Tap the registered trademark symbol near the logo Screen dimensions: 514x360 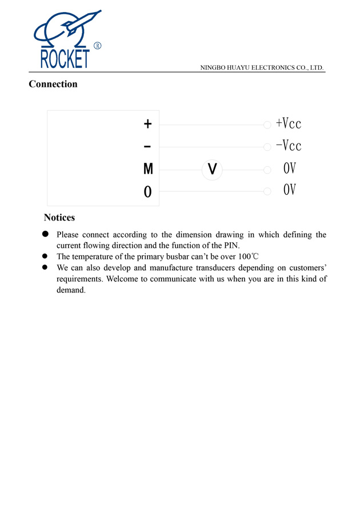coord(97,46)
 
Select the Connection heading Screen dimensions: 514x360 coord(53,85)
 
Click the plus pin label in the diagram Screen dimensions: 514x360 coord(147,123)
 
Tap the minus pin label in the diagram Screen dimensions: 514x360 coord(147,147)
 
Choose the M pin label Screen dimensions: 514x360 coord(148,169)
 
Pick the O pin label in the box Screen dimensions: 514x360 coord(148,192)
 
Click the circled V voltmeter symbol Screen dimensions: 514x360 coord(212,169)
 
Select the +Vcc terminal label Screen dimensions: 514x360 coord(288,123)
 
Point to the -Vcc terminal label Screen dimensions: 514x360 coord(288,146)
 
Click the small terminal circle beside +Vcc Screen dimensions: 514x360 coord(267,125)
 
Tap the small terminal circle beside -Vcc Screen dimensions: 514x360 coord(267,147)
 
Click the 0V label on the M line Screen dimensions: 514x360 coord(290,168)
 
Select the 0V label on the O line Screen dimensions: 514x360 coord(290,190)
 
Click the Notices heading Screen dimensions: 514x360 coord(59,218)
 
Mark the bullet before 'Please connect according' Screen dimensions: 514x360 coord(45,234)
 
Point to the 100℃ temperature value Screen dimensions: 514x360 coord(249,256)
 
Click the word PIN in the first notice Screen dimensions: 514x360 coord(231,246)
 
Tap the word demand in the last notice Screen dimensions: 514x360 coord(70,290)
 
